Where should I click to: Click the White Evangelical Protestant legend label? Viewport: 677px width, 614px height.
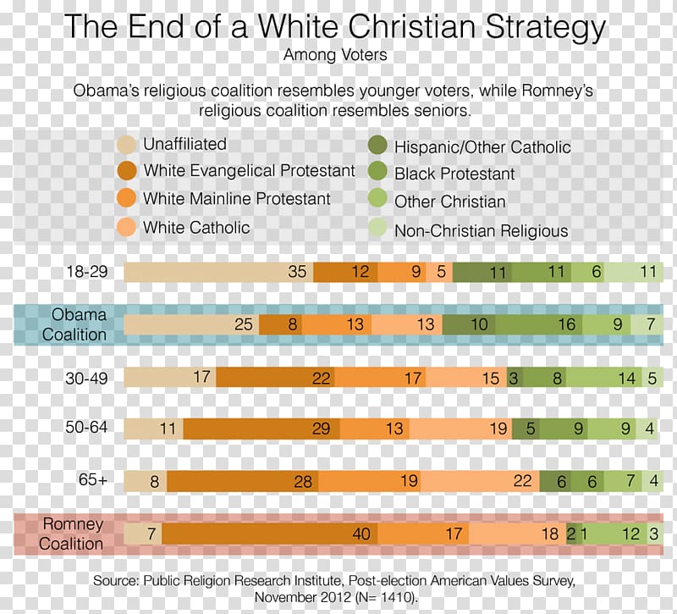[249, 171]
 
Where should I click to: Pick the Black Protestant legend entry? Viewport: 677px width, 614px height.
[454, 174]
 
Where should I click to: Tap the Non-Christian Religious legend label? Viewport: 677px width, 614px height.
[481, 230]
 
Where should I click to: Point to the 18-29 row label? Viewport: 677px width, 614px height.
[86, 272]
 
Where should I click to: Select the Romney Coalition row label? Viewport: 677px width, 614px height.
[72, 534]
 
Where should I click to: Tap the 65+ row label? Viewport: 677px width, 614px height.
[92, 480]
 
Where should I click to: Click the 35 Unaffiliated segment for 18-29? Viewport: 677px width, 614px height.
[218, 272]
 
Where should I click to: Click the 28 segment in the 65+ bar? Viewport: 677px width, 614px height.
[242, 481]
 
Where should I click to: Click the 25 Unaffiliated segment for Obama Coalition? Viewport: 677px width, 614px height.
[191, 324]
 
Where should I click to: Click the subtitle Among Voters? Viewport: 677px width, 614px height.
[335, 56]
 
